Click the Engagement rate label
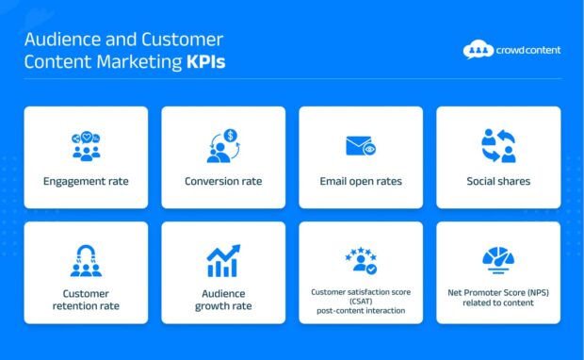86,181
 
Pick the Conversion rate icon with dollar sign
223,145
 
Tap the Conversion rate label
223,181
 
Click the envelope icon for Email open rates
361,146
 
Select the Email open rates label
361,181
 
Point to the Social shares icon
498,145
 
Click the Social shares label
498,181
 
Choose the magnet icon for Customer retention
86,260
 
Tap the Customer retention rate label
86,300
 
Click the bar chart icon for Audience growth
223,260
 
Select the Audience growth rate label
223,300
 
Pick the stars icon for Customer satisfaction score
361,261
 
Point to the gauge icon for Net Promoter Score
498,260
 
